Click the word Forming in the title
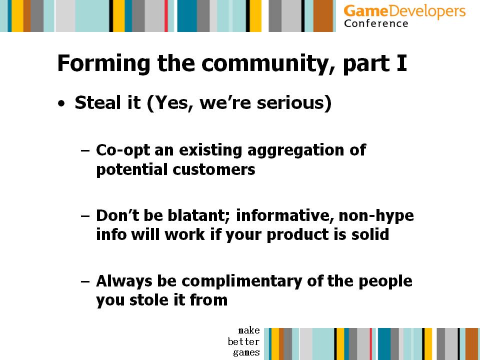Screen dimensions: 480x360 (x=103, y=63)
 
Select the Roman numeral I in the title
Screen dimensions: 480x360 (x=401, y=63)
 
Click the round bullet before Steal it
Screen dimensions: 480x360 (x=61, y=103)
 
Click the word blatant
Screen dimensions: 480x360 (x=198, y=215)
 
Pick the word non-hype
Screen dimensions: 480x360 (x=376, y=216)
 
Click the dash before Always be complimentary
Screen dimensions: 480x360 (x=85, y=281)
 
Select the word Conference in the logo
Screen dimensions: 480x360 (x=376, y=23)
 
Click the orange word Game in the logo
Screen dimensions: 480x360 (x=365, y=11)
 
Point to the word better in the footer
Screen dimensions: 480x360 (x=243, y=341)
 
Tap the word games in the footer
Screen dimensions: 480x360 (x=246, y=352)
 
